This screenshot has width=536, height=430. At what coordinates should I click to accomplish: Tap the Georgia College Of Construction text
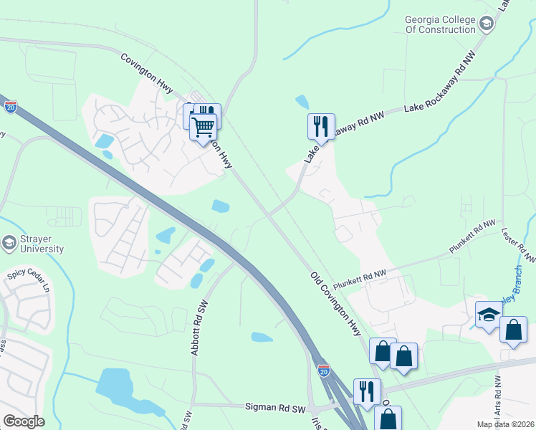coord(439,24)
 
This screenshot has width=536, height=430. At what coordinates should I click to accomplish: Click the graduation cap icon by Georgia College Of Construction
coord(487,24)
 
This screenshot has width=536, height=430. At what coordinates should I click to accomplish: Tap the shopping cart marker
coord(204,127)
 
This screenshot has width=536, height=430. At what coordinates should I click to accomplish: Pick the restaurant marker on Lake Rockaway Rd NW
coord(321,127)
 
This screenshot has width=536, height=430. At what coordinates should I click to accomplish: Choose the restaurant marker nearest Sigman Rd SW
coord(367,391)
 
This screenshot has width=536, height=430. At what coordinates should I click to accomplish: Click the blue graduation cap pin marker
coord(489,315)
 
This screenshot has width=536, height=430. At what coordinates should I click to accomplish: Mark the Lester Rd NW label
coord(525,244)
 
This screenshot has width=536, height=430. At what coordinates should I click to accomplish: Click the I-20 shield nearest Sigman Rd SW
coord(324,371)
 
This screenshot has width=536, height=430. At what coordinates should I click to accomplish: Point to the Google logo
coord(24,421)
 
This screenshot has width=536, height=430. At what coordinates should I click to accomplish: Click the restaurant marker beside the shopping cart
coord(208,115)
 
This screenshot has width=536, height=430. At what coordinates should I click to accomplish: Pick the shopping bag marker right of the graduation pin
coord(514,330)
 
